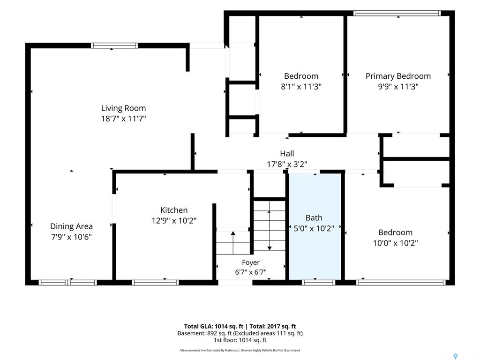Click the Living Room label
coord(123,108)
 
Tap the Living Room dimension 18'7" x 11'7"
coord(123,119)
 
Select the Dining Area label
coord(71,226)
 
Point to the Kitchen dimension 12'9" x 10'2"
coord(174,220)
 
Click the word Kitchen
coord(174,210)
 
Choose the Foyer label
coord(251,262)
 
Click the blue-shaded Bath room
coord(315,226)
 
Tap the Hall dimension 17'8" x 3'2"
coord(287,164)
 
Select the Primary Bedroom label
coord(398,76)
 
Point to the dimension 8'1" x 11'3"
coord(301,87)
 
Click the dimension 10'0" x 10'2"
coord(395,243)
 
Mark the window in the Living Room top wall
coord(114,45)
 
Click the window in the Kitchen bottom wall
coord(155,283)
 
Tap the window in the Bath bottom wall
coord(318,283)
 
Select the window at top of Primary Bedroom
coord(397,13)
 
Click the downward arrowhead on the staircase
coord(270,248)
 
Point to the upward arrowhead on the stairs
coord(233,233)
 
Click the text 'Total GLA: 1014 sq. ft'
coord(214,326)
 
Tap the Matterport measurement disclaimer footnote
coord(240,350)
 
